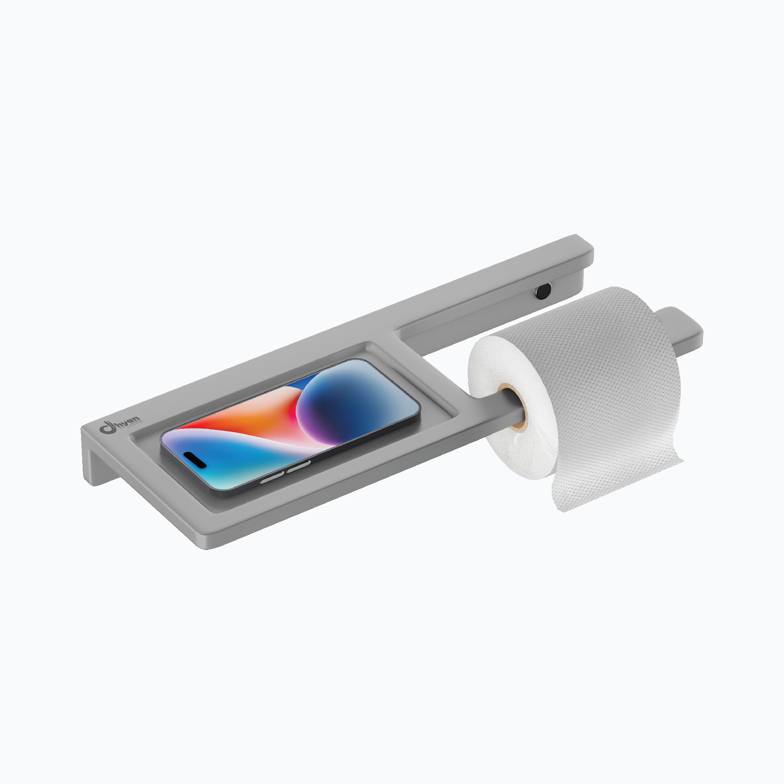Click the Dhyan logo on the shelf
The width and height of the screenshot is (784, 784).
click(x=120, y=424)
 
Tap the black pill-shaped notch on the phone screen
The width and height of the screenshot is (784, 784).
click(x=195, y=459)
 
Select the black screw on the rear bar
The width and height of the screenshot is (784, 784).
click(x=543, y=291)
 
